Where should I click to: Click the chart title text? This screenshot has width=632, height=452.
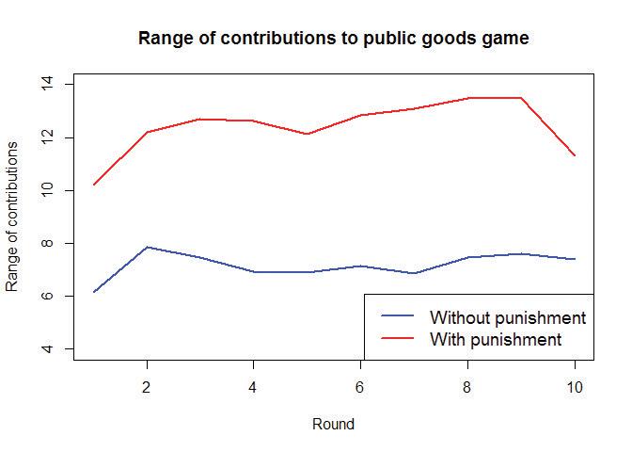[334, 39]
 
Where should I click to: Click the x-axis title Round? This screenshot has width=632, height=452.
[334, 425]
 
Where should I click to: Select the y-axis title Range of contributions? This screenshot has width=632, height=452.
[12, 217]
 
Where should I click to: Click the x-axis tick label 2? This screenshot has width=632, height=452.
[146, 386]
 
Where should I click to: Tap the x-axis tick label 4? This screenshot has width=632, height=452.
[253, 386]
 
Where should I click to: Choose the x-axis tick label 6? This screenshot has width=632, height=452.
[360, 386]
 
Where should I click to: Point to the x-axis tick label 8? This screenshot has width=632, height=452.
[467, 386]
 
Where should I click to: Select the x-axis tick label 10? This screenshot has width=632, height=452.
[575, 386]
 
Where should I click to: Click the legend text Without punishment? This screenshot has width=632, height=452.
[507, 317]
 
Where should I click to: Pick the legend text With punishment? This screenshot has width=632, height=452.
[495, 338]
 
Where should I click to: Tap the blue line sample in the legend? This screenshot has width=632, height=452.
[395, 317]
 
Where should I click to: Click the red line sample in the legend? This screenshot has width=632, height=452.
[395, 338]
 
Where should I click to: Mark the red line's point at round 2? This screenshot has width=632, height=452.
[146, 132]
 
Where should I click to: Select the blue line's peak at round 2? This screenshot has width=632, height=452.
[146, 247]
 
